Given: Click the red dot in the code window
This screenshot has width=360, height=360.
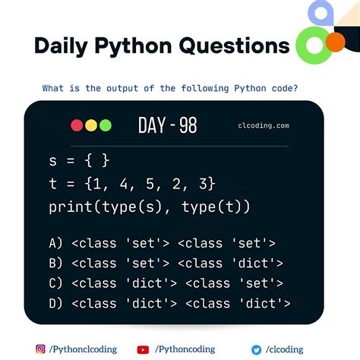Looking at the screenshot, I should click(77, 125).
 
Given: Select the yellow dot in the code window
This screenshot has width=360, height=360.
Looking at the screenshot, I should click(91, 125).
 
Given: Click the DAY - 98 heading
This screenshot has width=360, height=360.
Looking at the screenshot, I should click(168, 125).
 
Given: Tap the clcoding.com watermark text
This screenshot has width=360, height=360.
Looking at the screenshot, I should click(263, 126).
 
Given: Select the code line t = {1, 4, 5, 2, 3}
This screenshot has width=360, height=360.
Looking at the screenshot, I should click(131, 184).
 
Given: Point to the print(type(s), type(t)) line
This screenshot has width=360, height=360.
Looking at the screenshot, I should click(149, 207).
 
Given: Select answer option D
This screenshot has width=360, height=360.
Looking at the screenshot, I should click(169, 304).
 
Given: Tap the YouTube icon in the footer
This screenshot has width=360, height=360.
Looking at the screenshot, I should click(143, 349).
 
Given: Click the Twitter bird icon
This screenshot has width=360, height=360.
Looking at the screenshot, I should click(257, 349).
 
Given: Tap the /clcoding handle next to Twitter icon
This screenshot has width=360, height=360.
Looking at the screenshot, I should click(284, 349).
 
